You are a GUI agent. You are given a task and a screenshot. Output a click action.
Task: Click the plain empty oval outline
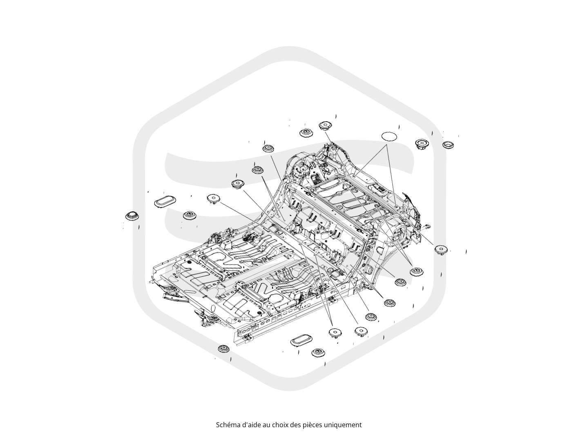389,136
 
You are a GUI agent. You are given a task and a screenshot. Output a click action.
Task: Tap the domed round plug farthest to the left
132,216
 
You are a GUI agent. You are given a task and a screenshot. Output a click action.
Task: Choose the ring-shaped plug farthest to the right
448,145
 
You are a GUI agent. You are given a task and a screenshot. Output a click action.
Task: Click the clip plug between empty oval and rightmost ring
422,144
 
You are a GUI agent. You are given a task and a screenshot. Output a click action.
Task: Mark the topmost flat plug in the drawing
325,125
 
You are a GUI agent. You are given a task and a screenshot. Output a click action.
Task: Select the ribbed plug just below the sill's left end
224,348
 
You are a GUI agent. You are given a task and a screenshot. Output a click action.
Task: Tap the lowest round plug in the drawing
318,353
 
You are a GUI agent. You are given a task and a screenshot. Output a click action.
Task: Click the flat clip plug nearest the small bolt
441,249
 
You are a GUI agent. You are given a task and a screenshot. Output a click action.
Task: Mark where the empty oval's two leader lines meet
386,145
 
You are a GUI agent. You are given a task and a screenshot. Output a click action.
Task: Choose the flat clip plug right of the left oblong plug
214,198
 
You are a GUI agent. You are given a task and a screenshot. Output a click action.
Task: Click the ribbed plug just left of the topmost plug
306,133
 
